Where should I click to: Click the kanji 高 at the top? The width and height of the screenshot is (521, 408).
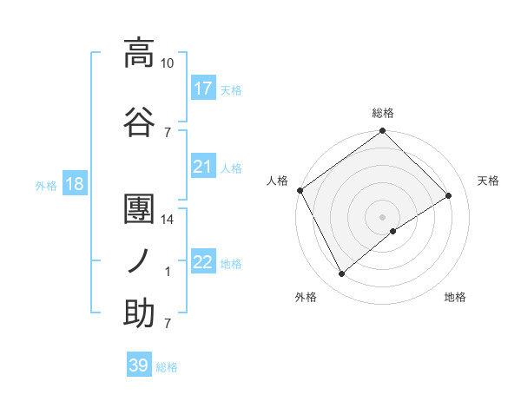click(139, 53)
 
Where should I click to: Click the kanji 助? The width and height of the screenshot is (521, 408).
click(139, 313)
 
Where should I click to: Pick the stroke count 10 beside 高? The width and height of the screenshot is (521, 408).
click(168, 63)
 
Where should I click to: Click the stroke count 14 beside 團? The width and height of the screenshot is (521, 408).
click(168, 220)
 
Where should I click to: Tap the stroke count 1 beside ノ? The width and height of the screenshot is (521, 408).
click(168, 272)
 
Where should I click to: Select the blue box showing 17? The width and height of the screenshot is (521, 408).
click(203, 89)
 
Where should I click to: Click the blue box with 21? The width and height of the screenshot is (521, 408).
click(203, 167)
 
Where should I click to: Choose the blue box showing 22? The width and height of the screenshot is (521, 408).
click(203, 262)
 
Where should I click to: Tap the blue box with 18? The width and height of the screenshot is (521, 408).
click(74, 185)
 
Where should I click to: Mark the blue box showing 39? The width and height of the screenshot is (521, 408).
click(139, 365)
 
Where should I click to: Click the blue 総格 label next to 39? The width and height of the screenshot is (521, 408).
click(168, 367)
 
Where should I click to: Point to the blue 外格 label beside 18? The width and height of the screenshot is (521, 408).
click(46, 186)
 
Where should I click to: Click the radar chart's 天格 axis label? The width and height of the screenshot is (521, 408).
click(489, 181)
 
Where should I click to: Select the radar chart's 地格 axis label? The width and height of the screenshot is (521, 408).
click(455, 297)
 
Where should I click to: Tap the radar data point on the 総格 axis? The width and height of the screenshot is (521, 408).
click(382, 131)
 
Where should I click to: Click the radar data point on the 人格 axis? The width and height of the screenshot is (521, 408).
click(300, 190)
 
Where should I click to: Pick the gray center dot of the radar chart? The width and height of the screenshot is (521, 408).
click(382, 216)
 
